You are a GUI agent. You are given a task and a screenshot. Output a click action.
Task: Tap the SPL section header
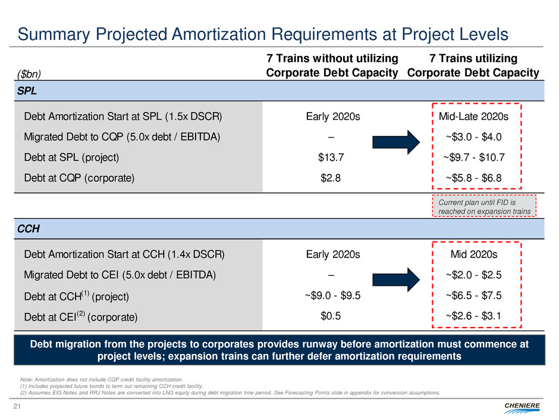tap(24, 91)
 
